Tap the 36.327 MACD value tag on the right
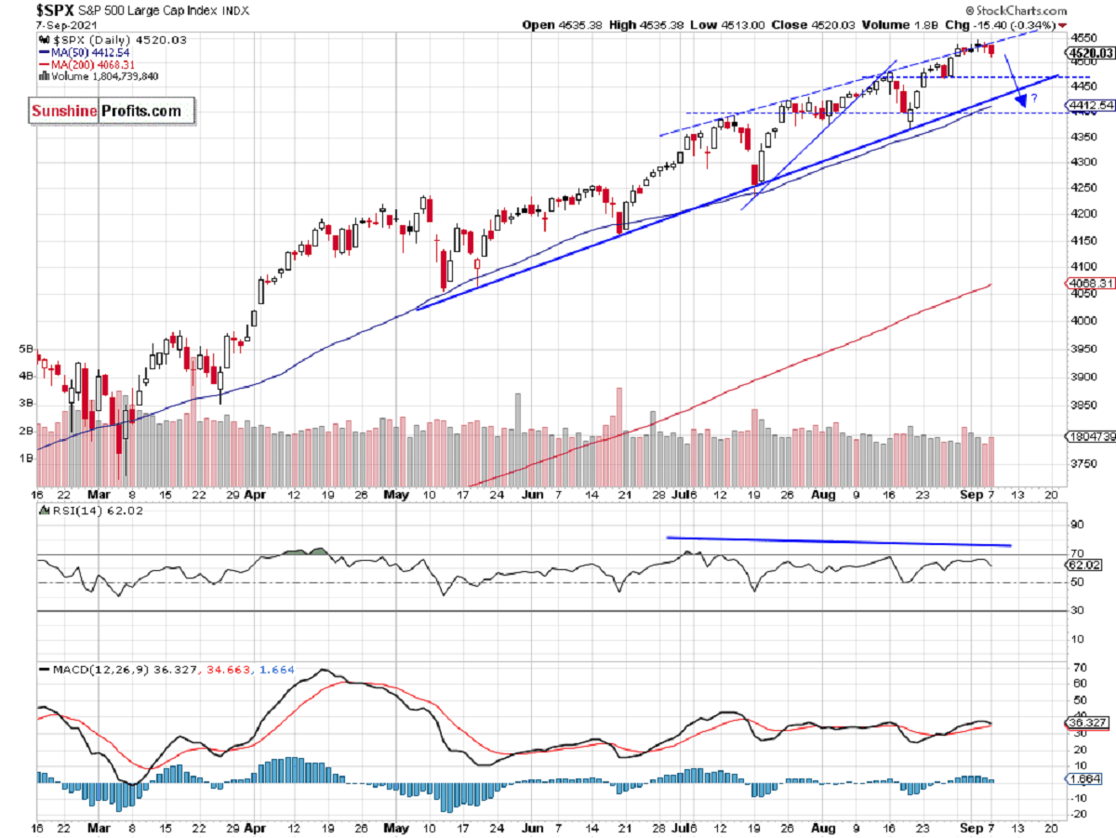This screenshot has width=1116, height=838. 1084,723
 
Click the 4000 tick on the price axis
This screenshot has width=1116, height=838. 1079,322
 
